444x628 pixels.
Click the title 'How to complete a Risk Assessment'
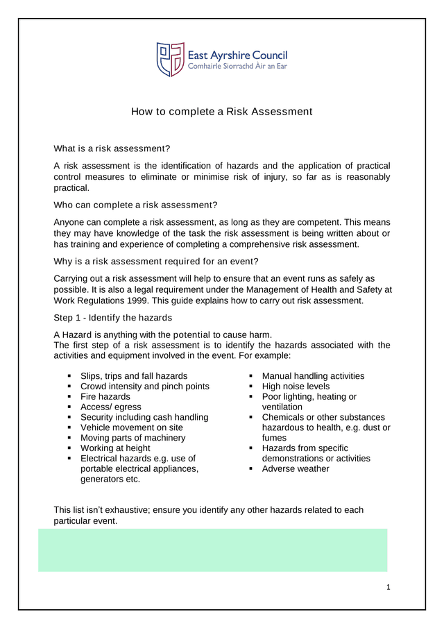[x=222, y=112]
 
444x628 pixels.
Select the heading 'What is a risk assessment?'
[x=112, y=148]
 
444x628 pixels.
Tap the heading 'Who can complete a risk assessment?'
[x=135, y=205]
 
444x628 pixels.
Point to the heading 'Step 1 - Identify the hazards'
[x=113, y=318]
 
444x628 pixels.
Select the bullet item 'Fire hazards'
[x=105, y=397]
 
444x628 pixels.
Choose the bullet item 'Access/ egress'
[x=110, y=407]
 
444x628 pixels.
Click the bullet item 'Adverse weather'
[x=296, y=468]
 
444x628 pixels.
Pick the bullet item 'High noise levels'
[x=296, y=387]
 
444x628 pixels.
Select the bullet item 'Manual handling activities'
[x=313, y=376]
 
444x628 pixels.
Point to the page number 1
[x=388, y=588]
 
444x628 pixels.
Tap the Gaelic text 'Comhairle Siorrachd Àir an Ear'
[x=237, y=67]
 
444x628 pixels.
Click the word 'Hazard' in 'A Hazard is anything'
[x=77, y=334]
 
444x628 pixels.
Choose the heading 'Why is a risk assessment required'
[x=156, y=262]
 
